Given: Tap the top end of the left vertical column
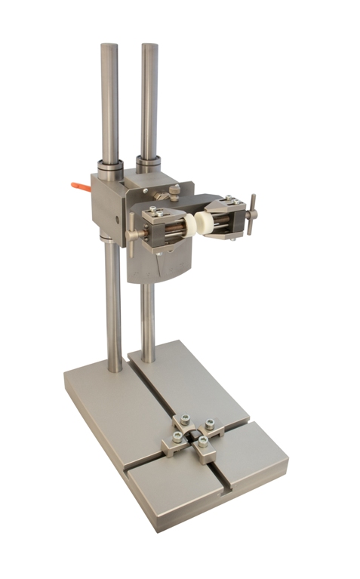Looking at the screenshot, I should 109,47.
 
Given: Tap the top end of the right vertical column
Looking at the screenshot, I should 149,46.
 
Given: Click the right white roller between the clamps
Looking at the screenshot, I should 202,221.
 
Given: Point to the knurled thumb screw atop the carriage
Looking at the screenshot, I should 174,192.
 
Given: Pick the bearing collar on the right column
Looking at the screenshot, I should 149,163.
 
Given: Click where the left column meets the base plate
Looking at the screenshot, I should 114,368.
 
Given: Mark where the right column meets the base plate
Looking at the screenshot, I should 149,359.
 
